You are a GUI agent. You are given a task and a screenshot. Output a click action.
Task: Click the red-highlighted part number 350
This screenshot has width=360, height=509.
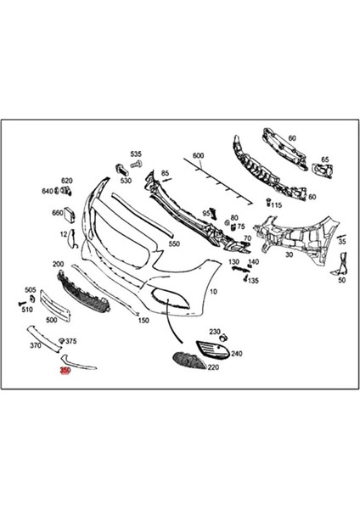pyautogui.click(x=65, y=370)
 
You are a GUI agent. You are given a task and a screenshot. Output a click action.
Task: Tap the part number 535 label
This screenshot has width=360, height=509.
pyautogui.click(x=135, y=154)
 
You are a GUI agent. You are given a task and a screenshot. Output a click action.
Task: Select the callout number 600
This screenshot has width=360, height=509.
pyautogui.click(x=198, y=156)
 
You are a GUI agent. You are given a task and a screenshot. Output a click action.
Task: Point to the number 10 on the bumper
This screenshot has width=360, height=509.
pyautogui.click(x=212, y=291)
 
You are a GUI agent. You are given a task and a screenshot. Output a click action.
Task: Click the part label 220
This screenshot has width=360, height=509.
pyautogui.click(x=212, y=367)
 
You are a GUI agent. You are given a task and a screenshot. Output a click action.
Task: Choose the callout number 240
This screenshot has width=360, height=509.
pyautogui.click(x=236, y=353)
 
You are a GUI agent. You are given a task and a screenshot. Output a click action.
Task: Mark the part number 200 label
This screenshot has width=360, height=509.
pyautogui.click(x=59, y=264)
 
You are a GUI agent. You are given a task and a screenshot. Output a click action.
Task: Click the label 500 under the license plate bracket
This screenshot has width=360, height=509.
pyautogui.click(x=51, y=320)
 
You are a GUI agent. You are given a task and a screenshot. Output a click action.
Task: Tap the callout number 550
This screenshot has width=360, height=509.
pyautogui.click(x=173, y=243)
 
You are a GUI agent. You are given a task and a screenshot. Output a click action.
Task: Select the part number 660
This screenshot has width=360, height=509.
pyautogui.click(x=58, y=213)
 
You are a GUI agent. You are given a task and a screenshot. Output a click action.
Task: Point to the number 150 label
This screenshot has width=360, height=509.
pyautogui.click(x=143, y=320)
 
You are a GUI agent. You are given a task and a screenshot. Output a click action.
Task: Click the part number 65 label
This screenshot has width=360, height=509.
pyautogui.click(x=324, y=159)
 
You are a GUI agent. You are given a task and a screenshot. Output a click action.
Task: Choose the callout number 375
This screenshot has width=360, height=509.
pyautogui.click(x=71, y=341)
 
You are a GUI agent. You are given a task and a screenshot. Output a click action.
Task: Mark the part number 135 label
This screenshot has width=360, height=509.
pyautogui.click(x=253, y=280)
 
